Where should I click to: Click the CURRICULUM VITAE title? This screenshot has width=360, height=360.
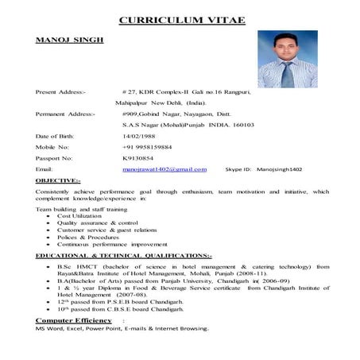[x=179, y=20]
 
